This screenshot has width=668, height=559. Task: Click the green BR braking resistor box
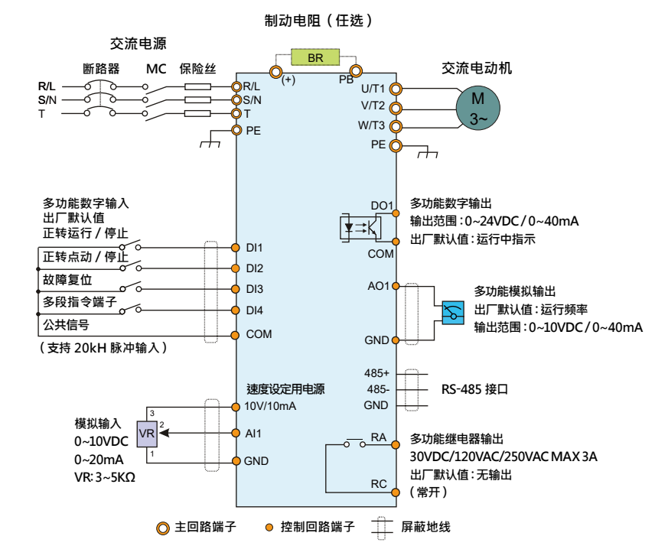pyautogui.click(x=314, y=58)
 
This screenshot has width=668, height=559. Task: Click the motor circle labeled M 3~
pyautogui.click(x=477, y=108)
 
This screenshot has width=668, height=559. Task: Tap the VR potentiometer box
pyautogui.click(x=148, y=434)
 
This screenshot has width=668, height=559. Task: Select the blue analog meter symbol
pyautogui.click(x=452, y=313)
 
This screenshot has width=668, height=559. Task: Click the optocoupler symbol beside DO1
pyautogui.click(x=360, y=227)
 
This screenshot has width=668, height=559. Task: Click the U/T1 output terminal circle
pyautogui.click(x=396, y=88)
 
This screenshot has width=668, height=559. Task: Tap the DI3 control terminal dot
pyautogui.click(x=236, y=289)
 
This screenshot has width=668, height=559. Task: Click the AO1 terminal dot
pyautogui.click(x=396, y=286)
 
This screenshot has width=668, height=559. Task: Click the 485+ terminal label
pyautogui.click(x=376, y=373)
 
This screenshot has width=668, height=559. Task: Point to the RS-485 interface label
pyautogui.click(x=474, y=389)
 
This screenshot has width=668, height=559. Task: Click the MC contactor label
pyautogui.click(x=156, y=68)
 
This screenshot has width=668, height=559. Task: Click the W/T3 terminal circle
pyautogui.click(x=396, y=125)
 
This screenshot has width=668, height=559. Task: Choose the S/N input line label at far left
pyautogui.click(x=47, y=100)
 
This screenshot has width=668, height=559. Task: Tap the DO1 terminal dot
pyautogui.click(x=396, y=213)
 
